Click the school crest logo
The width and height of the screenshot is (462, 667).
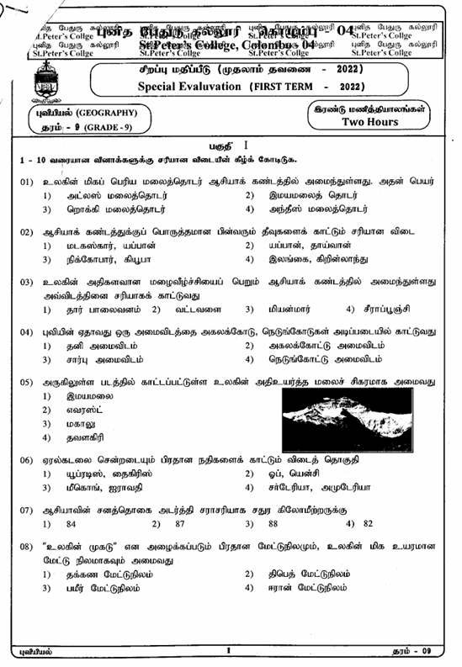pyautogui.click(x=43, y=81)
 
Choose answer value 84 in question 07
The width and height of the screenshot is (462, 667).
pyautogui.click(x=71, y=523)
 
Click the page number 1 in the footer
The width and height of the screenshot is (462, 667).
pyautogui.click(x=228, y=651)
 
